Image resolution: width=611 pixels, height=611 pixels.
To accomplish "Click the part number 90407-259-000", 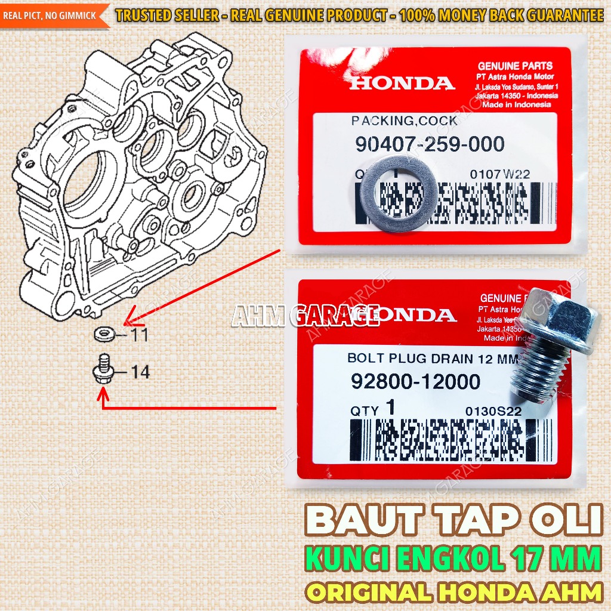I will pos(428,144).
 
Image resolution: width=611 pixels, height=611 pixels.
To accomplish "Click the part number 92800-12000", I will pos(416,381).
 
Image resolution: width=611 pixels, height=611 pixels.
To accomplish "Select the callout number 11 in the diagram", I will pos(139,335).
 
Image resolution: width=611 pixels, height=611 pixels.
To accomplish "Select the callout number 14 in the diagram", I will pos(140,372).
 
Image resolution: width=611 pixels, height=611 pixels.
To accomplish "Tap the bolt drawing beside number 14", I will pos(103,369).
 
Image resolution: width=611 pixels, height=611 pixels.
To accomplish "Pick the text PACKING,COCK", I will pos(404,121).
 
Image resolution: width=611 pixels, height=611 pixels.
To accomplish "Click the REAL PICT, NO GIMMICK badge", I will pos(51,14).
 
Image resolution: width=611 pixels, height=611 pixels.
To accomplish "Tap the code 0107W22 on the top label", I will pos(500,175).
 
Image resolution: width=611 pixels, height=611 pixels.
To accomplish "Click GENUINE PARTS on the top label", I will pos(516,66).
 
